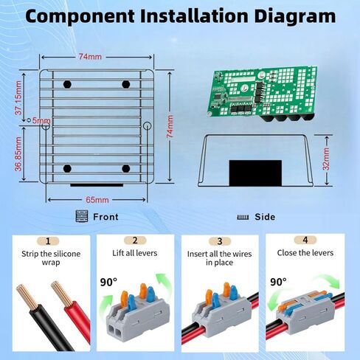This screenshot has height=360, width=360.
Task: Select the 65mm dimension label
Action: click(97, 199)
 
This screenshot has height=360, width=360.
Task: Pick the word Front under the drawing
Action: click(105, 217)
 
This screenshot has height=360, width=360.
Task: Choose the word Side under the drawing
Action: click(265, 217)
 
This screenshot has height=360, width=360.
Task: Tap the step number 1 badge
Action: click(48, 240)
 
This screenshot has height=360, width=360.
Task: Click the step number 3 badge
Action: click(219, 240)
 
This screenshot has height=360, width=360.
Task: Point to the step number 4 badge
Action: click(305, 240)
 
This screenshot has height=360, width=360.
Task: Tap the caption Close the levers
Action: click(305, 253)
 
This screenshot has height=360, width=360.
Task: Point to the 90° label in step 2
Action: click(109, 281)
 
